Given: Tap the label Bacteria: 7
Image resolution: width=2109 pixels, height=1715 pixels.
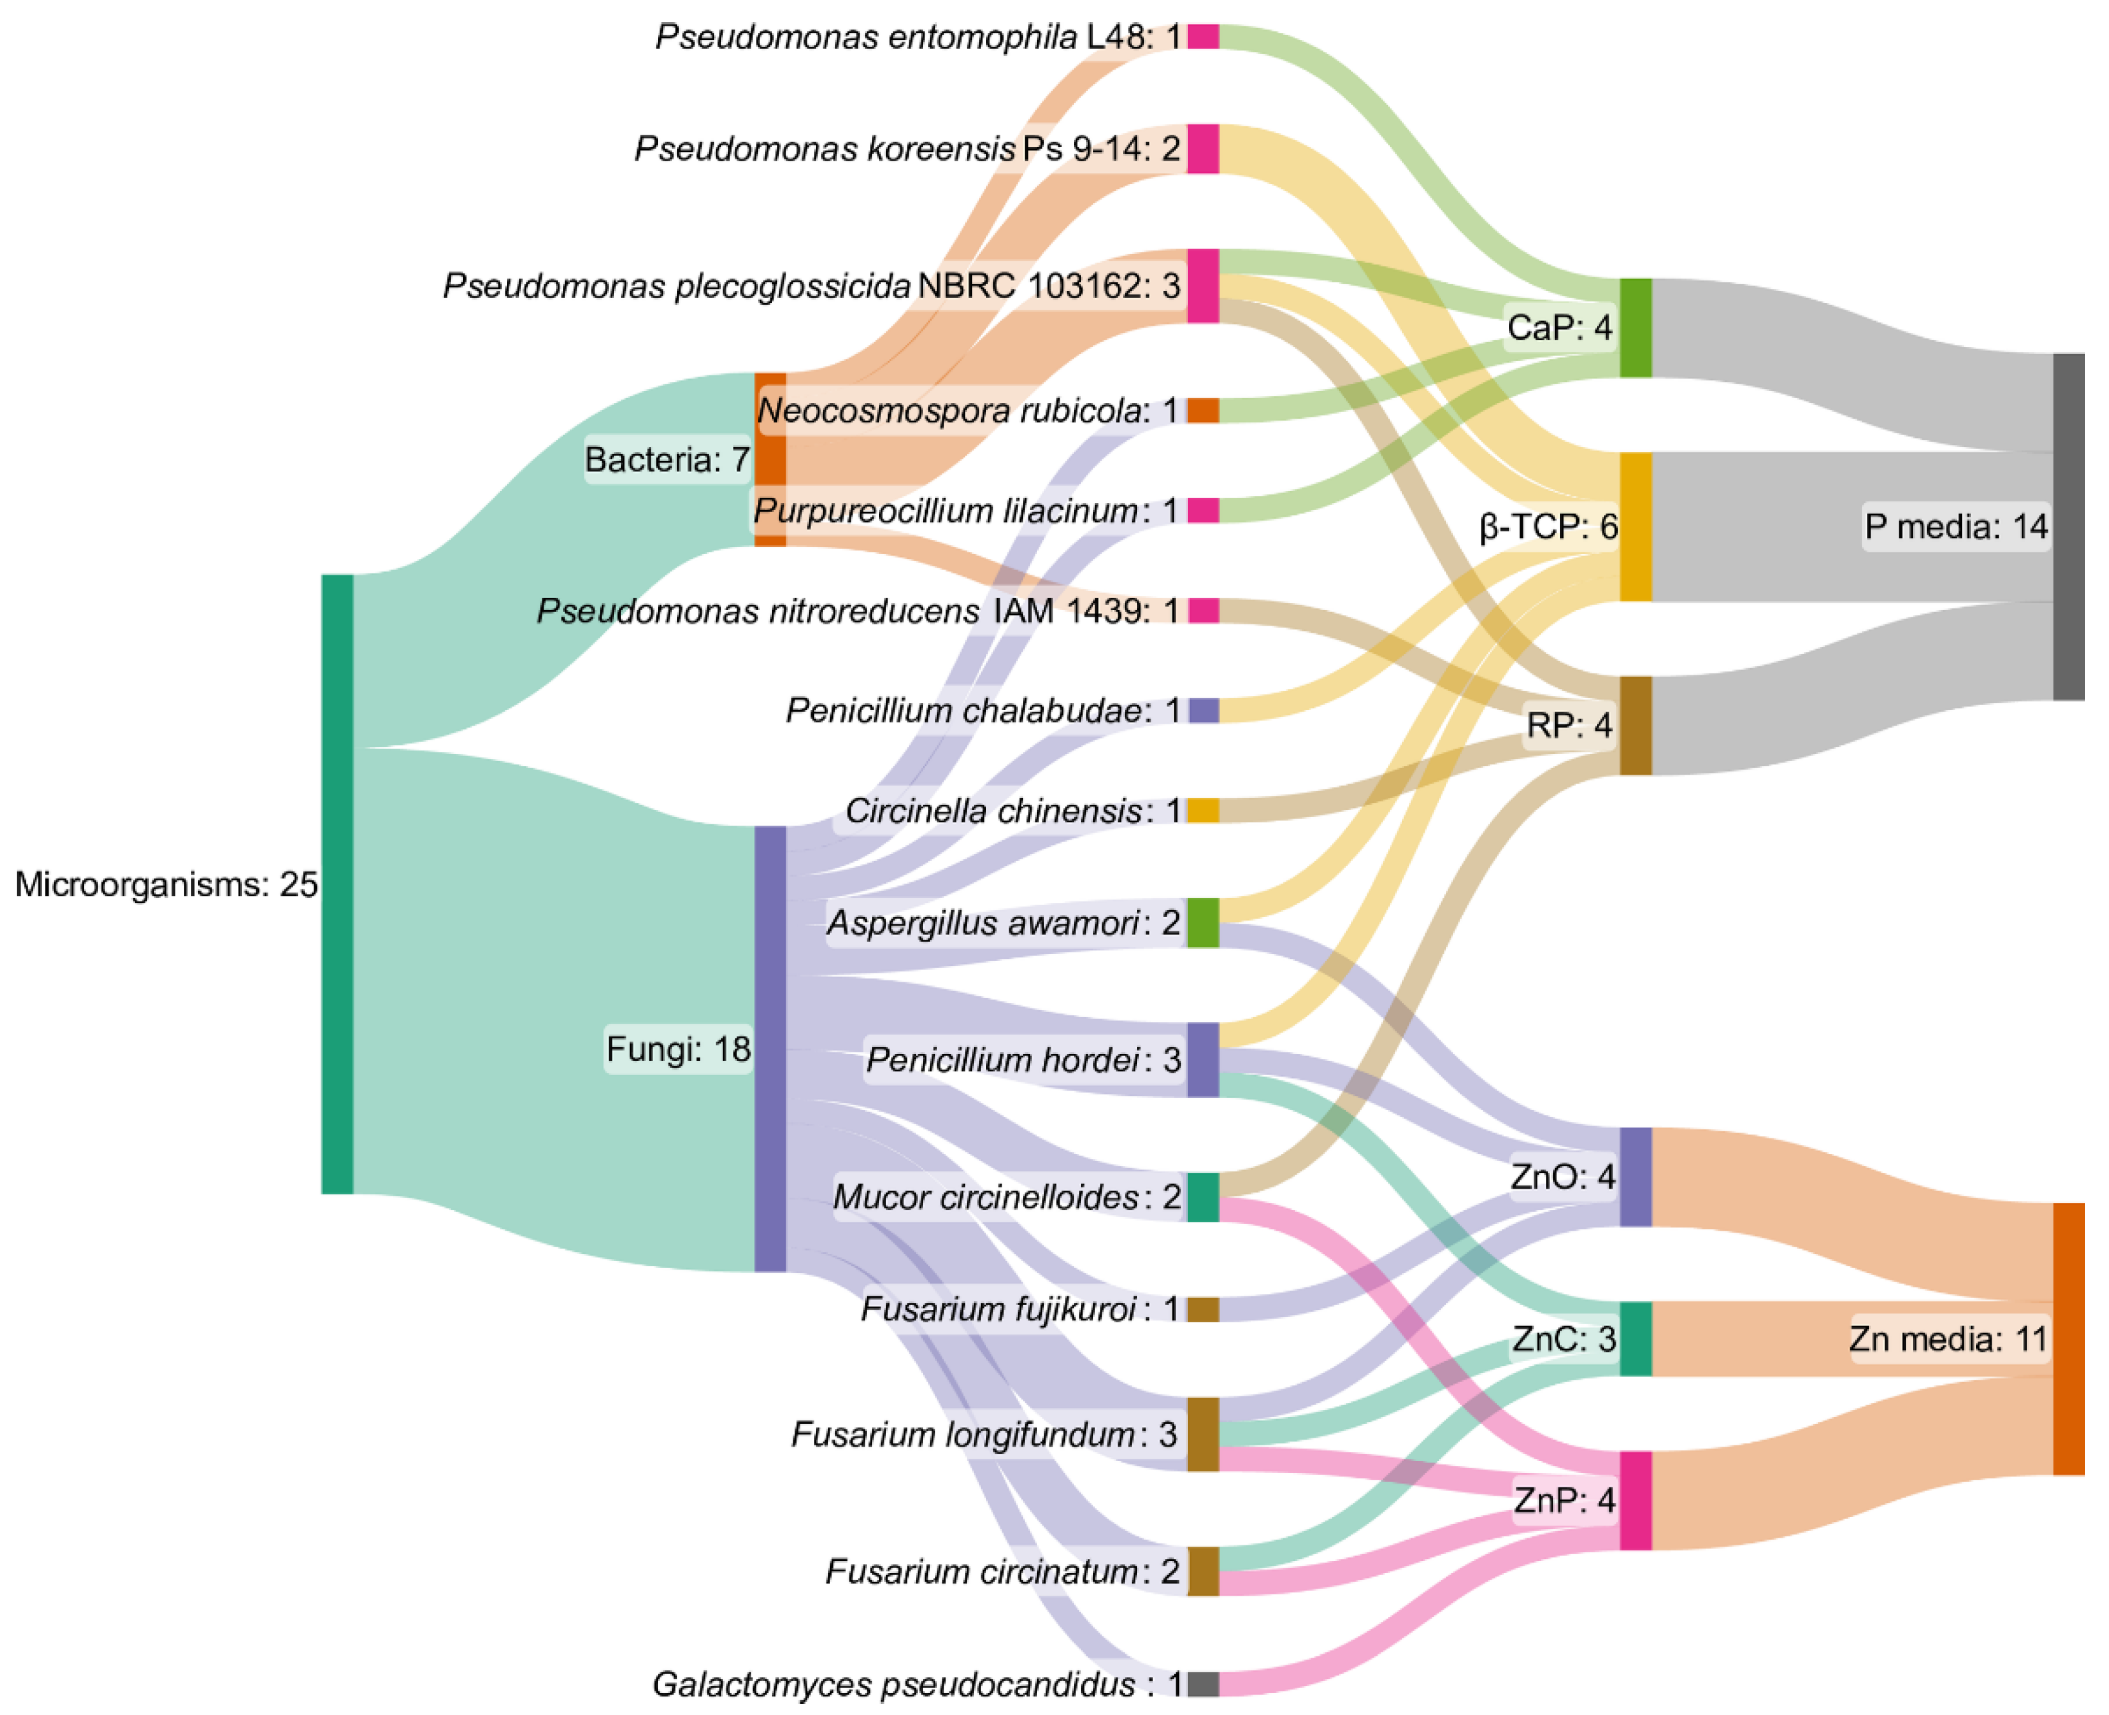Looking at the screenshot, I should pyautogui.click(x=667, y=459).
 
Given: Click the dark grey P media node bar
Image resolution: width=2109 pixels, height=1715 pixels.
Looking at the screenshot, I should pyautogui.click(x=2068, y=526).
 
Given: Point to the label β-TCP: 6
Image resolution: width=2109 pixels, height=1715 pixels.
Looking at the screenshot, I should pyautogui.click(x=1548, y=526).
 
